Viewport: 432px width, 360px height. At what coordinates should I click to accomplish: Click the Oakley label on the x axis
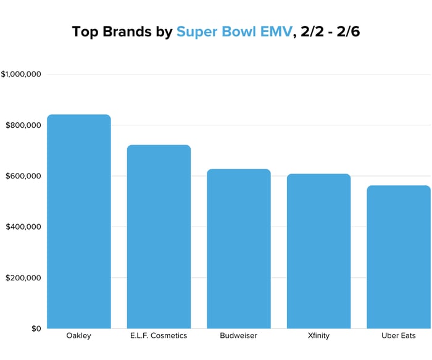click(x=79, y=336)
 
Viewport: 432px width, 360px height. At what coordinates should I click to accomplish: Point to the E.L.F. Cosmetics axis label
click(x=159, y=336)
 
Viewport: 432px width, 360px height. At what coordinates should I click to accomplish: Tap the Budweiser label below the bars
click(x=238, y=336)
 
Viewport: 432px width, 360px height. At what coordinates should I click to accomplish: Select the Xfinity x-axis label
click(x=318, y=336)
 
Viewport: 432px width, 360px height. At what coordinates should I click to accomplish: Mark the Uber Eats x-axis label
click(x=398, y=336)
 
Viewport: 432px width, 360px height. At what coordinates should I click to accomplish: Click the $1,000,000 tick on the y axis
click(x=21, y=75)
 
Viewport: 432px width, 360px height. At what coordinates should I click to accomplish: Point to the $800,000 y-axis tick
click(x=23, y=125)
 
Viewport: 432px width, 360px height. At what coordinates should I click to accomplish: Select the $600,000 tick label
click(x=23, y=176)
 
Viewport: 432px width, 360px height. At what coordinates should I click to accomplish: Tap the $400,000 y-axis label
click(x=23, y=227)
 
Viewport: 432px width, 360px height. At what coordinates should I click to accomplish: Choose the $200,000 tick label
click(x=23, y=278)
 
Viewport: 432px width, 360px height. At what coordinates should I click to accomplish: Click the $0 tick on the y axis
click(x=35, y=329)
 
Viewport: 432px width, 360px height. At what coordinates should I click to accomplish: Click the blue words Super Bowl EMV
click(x=233, y=31)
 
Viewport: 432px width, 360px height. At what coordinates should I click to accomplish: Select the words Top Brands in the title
click(x=112, y=31)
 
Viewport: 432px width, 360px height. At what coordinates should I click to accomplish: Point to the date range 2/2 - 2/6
click(x=327, y=31)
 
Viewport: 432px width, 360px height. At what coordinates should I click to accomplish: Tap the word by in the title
click(x=164, y=32)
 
